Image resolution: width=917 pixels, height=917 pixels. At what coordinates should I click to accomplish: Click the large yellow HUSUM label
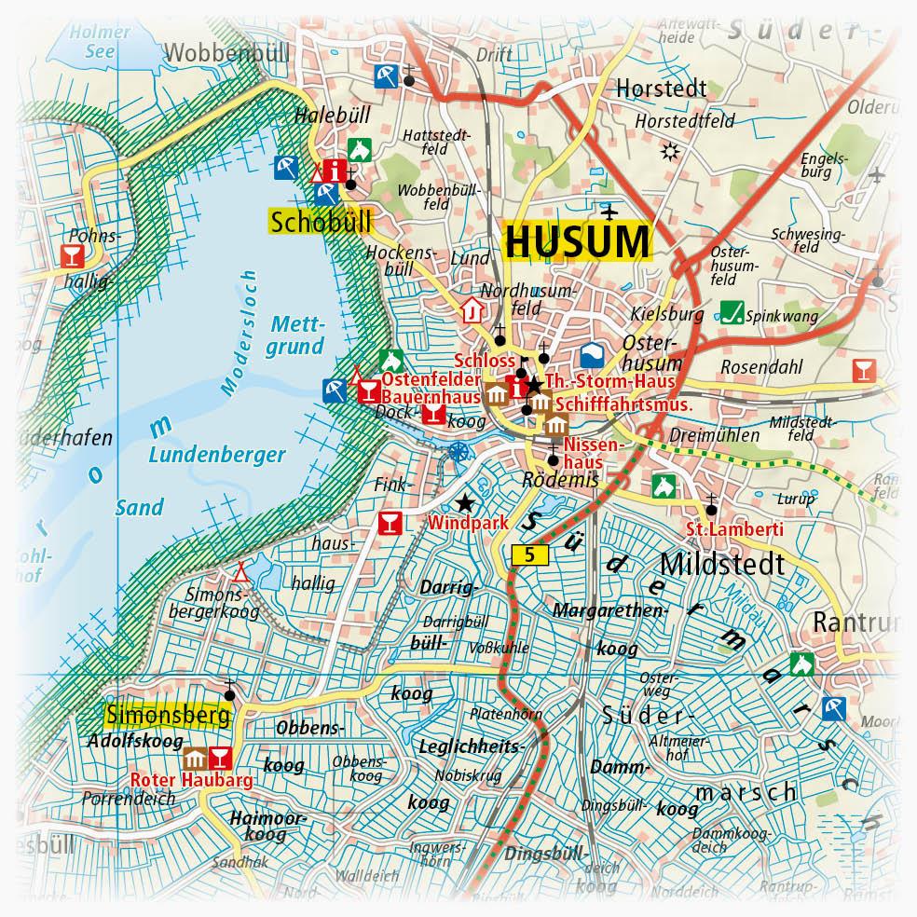point(577,241)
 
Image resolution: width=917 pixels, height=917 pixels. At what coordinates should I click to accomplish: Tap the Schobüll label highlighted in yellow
point(320,222)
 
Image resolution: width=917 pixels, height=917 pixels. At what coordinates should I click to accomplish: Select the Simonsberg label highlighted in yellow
point(168,716)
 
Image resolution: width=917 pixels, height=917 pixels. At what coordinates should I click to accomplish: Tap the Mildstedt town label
point(722,564)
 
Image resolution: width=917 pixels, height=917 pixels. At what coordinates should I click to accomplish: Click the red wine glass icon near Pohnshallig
point(70,254)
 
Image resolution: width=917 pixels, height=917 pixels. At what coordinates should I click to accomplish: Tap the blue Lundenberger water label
point(220,456)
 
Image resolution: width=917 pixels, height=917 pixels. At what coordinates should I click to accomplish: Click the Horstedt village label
point(661,89)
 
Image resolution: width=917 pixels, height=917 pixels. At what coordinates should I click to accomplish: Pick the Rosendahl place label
point(760,367)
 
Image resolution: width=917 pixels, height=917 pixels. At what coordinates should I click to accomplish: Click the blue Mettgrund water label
point(297,335)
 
